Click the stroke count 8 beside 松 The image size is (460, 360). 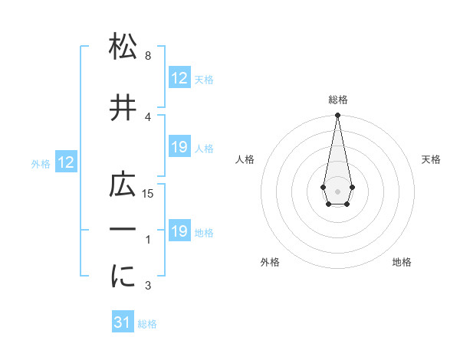tap(147, 57)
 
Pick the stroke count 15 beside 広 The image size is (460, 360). tap(149, 194)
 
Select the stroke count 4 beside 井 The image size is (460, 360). tap(147, 116)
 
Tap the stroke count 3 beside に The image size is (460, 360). tap(147, 286)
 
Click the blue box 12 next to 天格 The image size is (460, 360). tap(179, 79)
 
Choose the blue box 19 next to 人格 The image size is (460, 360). tap(179, 147)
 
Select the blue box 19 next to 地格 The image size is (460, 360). tap(179, 231)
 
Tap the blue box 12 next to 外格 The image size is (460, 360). tap(65, 162)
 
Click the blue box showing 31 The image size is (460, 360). tap(123, 322)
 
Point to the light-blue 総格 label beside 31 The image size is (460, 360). tap(147, 324)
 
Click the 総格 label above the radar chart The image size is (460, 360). tap(337, 100)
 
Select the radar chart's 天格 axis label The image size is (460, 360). tap(431, 159)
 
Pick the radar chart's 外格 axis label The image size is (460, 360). tap(269, 262)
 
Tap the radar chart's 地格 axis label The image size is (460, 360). tap(402, 262)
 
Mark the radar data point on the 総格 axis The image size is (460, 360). tap(337, 116)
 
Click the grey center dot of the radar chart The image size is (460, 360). tap(337, 190)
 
